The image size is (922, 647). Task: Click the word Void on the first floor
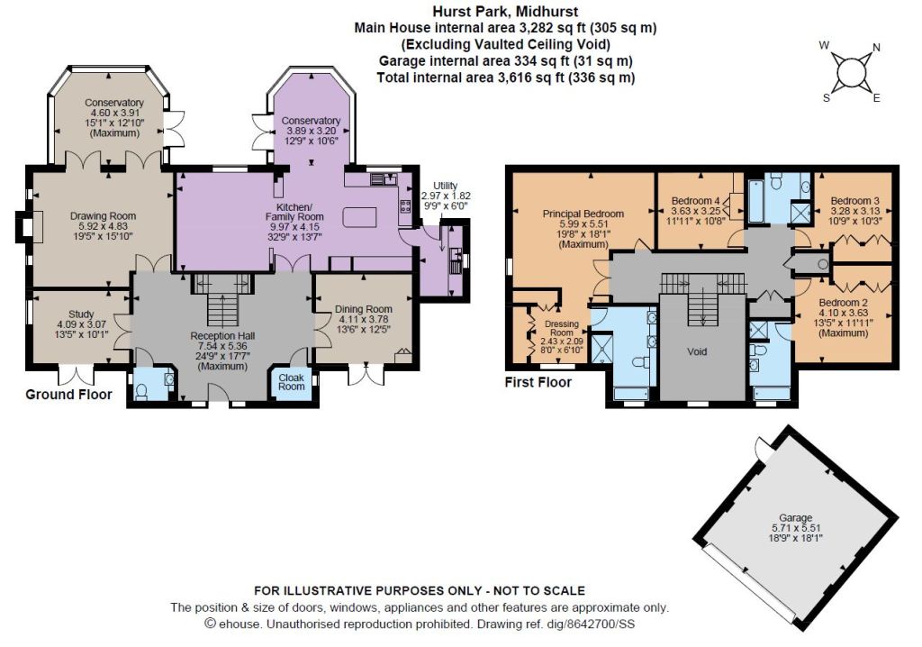697,351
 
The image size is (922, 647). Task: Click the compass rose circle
850,72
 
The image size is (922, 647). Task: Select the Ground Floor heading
68,395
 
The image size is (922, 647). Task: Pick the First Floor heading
538,383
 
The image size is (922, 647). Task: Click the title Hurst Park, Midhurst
506,11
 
